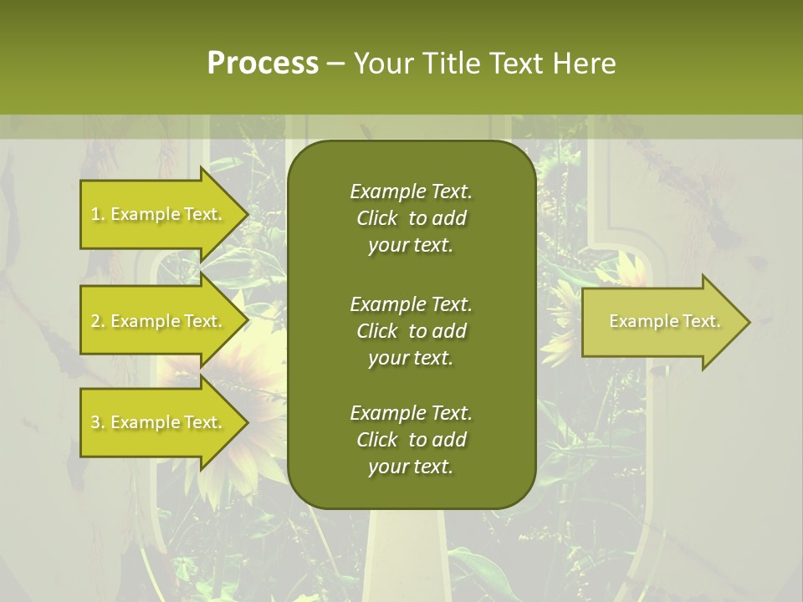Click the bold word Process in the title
[x=263, y=64]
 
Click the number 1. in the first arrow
[x=98, y=215]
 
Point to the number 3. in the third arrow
[x=98, y=423]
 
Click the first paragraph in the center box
[x=411, y=218]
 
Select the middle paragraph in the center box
[x=411, y=330]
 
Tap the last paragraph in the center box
[x=411, y=440]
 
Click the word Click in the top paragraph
[x=377, y=218]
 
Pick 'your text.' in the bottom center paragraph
[x=411, y=467]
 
